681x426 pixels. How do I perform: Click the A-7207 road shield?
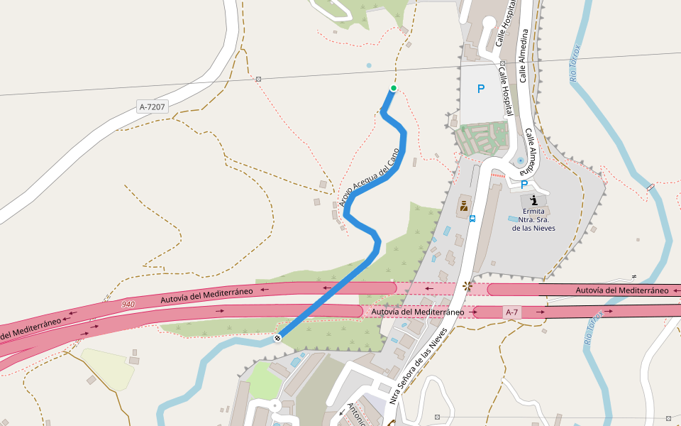[x=153, y=107]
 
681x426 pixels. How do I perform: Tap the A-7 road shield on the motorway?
[x=511, y=312]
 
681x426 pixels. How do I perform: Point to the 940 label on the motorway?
[x=128, y=304]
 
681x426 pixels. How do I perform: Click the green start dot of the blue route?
[x=393, y=88]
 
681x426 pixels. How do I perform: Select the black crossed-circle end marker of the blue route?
[x=277, y=337]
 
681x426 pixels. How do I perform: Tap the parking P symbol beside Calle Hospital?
[x=481, y=89]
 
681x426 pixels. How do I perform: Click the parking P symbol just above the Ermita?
[x=524, y=185]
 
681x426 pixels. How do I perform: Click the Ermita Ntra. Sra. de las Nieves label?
[x=533, y=219]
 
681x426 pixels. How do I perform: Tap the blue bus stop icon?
[x=472, y=219]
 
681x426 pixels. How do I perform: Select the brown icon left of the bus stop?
[x=463, y=206]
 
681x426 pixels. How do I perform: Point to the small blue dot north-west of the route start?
[x=368, y=66]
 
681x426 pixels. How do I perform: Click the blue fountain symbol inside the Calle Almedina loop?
[x=521, y=161]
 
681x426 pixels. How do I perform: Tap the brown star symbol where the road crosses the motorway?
[x=467, y=287]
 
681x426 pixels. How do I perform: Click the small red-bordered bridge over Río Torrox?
[x=651, y=187]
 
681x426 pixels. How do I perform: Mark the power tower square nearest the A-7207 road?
[x=258, y=79]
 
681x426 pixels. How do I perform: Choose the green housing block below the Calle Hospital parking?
[x=482, y=138]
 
